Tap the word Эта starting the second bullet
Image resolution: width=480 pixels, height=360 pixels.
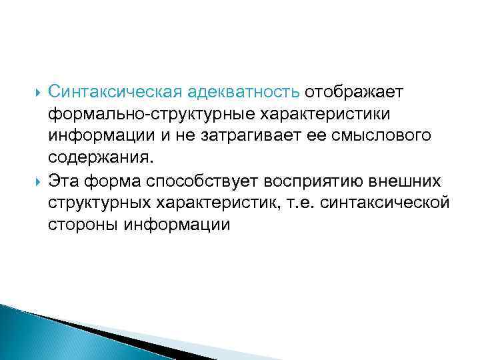[63, 181]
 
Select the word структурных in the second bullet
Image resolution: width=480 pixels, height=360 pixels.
[97, 203]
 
